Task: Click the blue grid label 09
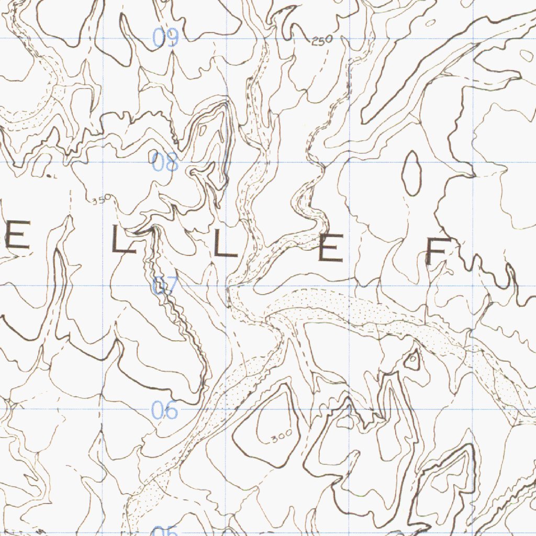pyautogui.click(x=165, y=38)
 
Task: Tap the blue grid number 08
pyautogui.click(x=165, y=163)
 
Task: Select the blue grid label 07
pyautogui.click(x=165, y=286)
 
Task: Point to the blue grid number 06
pyautogui.click(x=165, y=411)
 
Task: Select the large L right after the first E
pyautogui.click(x=124, y=241)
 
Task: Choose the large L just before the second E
pyautogui.click(x=225, y=244)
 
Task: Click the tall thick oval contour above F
pyautogui.click(x=412, y=173)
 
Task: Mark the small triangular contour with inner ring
pyautogui.click(x=412, y=359)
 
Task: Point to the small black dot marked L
pyautogui.click(x=49, y=176)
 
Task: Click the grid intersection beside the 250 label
pyautogui.click(x=350, y=38)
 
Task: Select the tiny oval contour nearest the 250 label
pyautogui.click(x=431, y=23)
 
